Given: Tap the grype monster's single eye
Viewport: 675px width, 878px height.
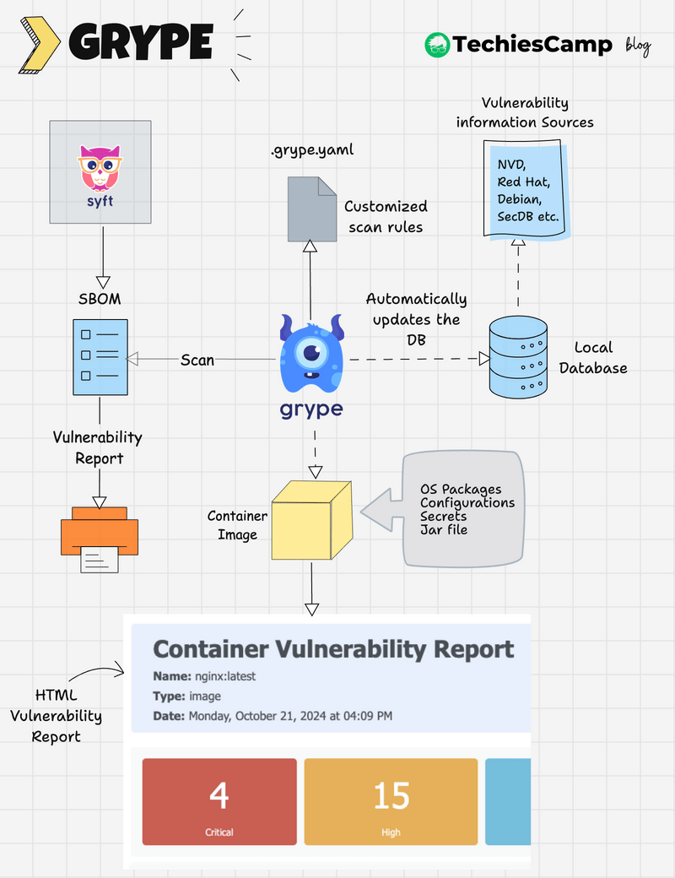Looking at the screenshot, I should pos(312,352).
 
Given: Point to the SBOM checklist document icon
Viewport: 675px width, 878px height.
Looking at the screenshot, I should pos(100,356).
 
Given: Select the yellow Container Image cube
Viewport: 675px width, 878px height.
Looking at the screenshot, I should pos(310,520).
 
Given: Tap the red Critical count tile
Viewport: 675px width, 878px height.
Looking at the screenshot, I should pos(219,801).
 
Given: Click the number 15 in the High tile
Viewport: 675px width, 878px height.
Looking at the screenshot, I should pos(391,795).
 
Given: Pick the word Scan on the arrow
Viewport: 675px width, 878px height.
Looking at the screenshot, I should pos(197,360).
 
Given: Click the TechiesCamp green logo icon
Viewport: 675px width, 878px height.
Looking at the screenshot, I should pos(437,45).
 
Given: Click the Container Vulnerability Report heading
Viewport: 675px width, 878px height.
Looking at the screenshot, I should pos(333,649).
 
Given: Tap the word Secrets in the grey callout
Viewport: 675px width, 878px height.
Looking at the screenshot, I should pos(444,516).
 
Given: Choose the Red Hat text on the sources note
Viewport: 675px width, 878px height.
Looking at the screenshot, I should pos(523,182).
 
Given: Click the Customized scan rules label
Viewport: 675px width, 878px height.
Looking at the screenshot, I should pos(386,216).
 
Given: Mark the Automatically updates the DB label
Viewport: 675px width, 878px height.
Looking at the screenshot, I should pos(416,319).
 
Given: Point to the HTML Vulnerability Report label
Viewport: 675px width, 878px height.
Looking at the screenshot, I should pos(57,716).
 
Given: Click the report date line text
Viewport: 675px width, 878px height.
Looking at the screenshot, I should pos(273,716).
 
